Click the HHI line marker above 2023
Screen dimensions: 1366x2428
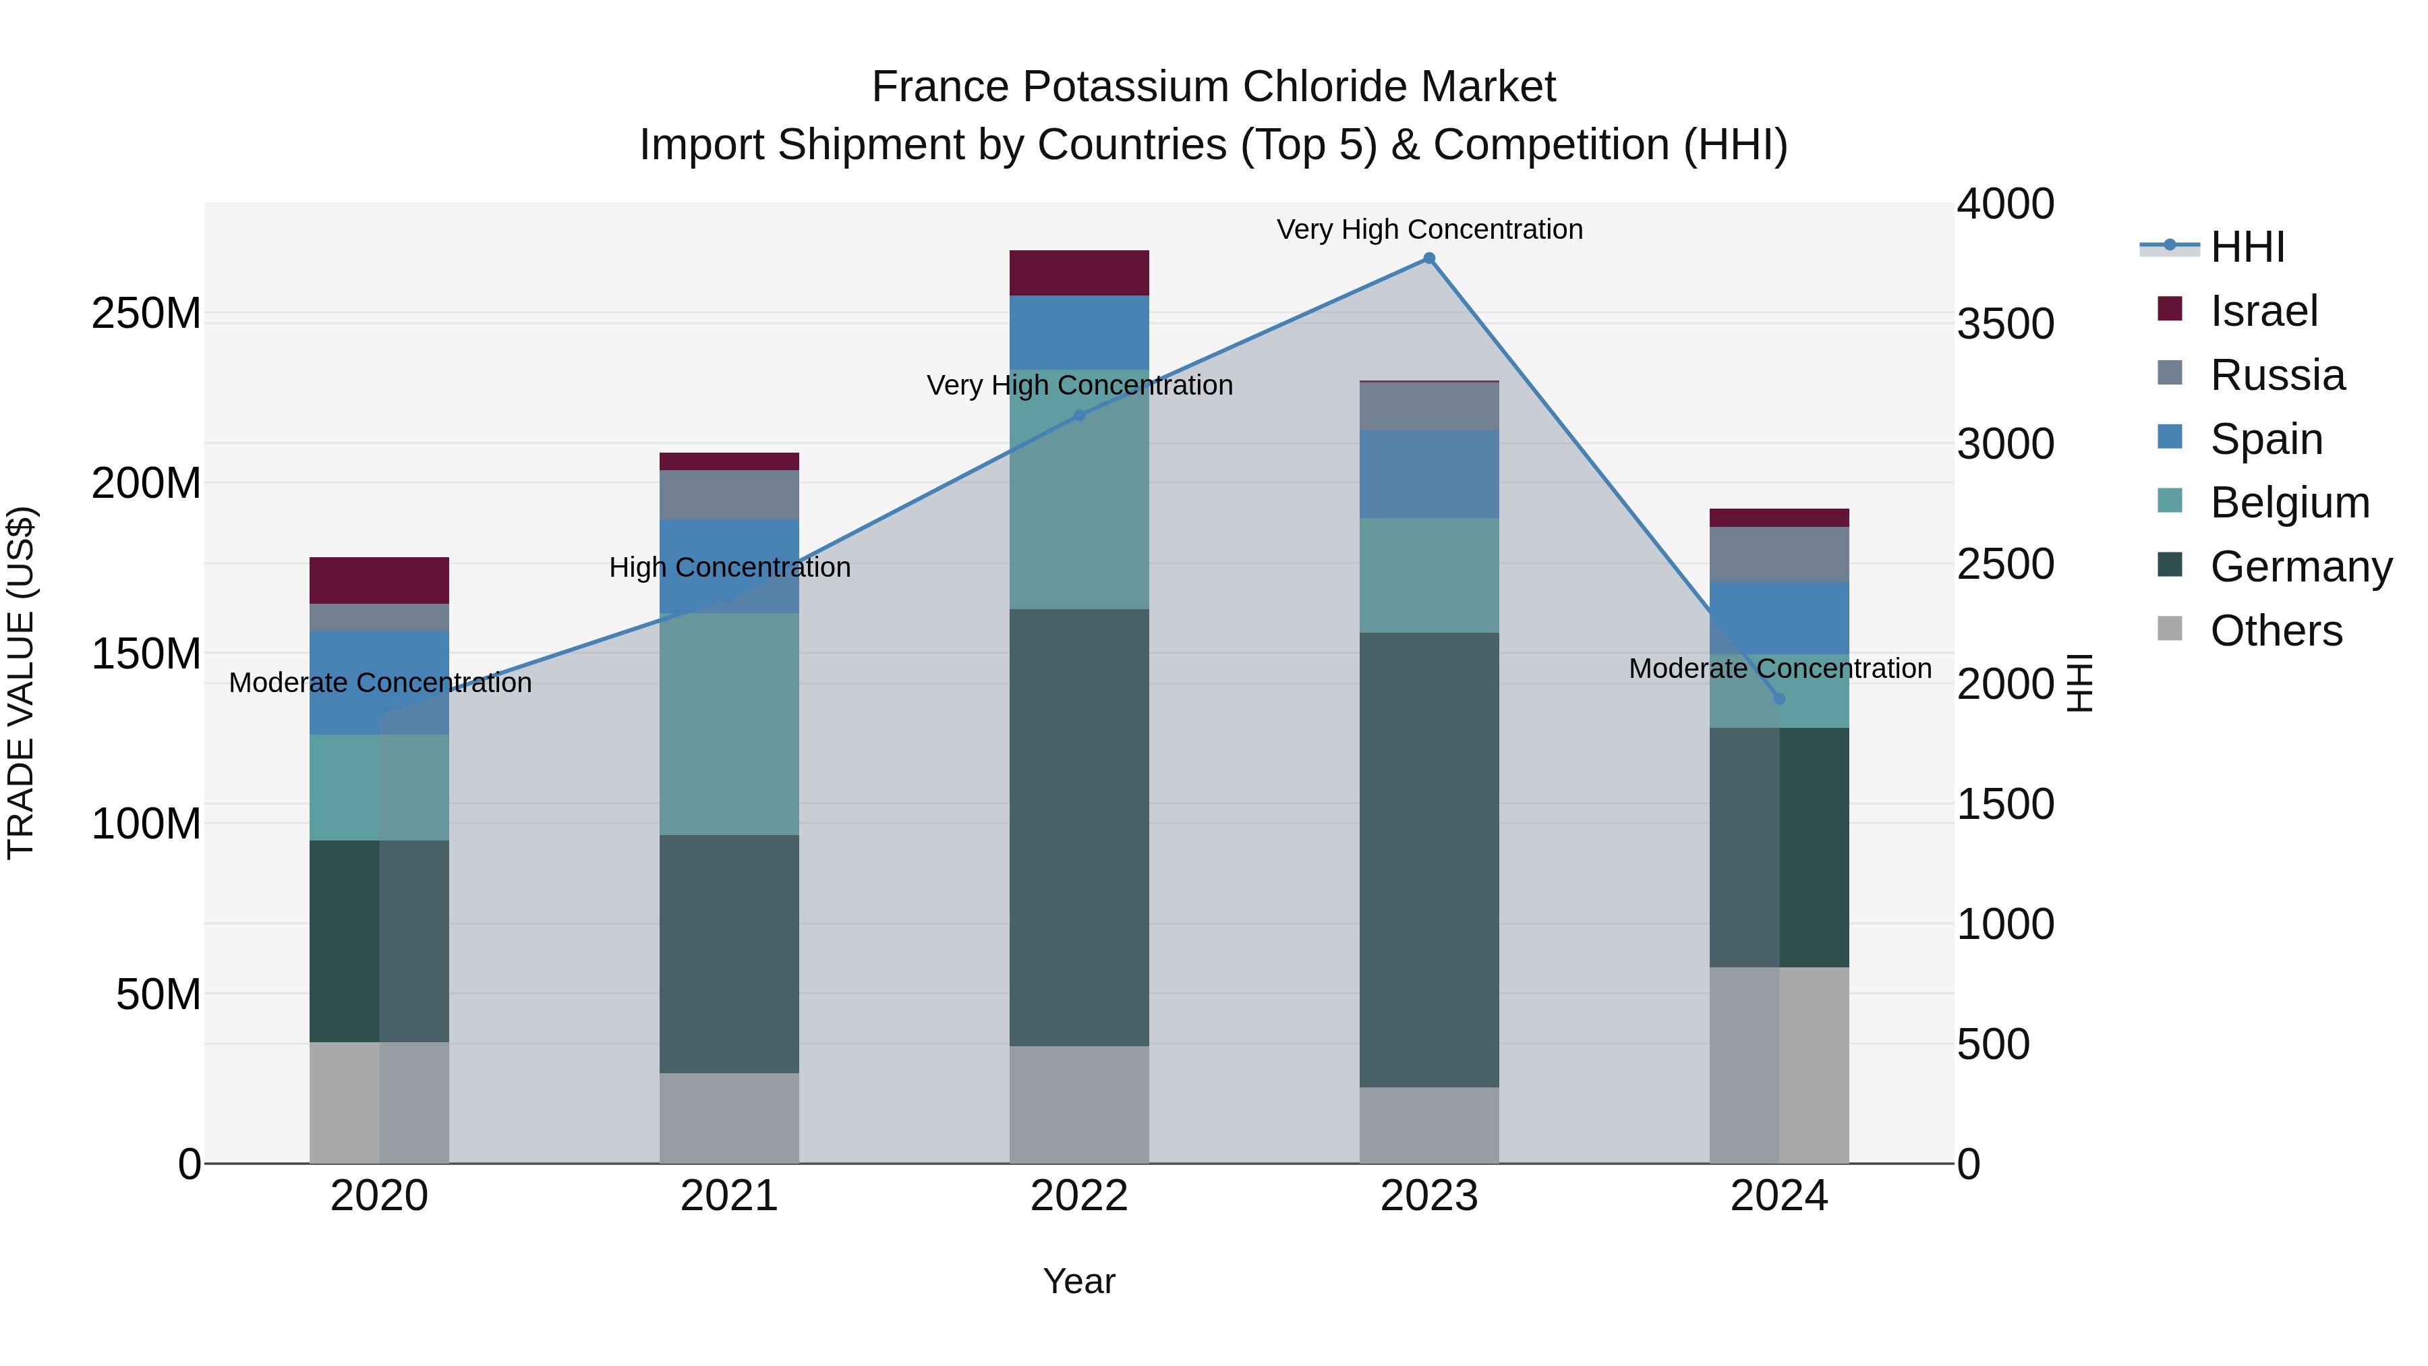[x=1429, y=258]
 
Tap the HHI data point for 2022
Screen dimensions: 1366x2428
[x=1079, y=416]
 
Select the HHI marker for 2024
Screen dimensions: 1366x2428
[x=1779, y=699]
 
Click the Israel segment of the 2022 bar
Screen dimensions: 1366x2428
[x=1079, y=273]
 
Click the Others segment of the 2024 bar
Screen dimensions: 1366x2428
[x=1779, y=1064]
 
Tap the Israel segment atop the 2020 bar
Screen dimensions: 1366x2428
[x=379, y=581]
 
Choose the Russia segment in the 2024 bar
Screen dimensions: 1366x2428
[x=1779, y=554]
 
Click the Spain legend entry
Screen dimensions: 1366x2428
[x=2266, y=439]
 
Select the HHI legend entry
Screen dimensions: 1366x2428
[x=2247, y=247]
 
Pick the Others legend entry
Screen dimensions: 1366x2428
[x=2276, y=631]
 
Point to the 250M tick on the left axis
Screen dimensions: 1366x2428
[x=146, y=313]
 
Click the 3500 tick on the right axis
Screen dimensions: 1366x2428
[x=2006, y=324]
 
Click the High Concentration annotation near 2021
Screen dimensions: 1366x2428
[x=730, y=567]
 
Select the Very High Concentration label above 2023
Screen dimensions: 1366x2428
[x=1429, y=229]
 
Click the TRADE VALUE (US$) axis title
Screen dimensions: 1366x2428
[x=22, y=683]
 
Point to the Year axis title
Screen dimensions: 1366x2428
[x=1079, y=1281]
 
